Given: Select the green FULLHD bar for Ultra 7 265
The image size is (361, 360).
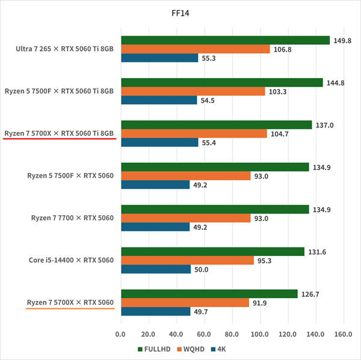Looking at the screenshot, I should coord(225,40).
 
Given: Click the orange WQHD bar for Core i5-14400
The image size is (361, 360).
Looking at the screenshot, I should coord(187,260).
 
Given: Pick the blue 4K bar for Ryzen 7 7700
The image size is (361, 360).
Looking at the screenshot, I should coord(155,227).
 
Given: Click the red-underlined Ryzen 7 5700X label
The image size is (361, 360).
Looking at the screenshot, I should coord(59,133).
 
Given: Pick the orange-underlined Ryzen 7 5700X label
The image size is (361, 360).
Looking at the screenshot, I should coord(70,302).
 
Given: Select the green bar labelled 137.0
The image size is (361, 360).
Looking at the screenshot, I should coord(217,125).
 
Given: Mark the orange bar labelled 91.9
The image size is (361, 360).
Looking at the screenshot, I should coord(185,302).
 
